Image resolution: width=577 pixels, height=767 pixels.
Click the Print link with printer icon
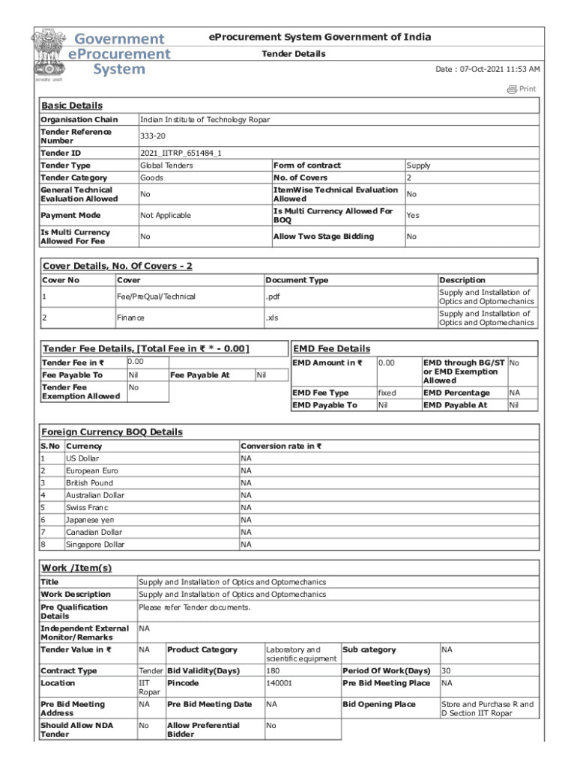pos(522,89)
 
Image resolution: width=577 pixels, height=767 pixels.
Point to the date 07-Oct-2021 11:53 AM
pos(488,69)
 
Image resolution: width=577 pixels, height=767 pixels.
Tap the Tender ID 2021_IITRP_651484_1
pos(181,153)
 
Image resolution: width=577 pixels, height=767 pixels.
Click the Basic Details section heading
pos(72,106)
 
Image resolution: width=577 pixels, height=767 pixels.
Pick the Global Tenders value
pos(166,166)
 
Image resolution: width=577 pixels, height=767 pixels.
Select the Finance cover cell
pos(130,318)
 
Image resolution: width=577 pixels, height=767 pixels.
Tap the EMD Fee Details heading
pos(331,349)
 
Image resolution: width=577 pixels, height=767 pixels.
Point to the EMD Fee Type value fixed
pos(387,392)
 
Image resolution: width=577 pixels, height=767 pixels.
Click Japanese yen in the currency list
pos(90,520)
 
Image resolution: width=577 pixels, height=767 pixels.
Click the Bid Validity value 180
pos(273,671)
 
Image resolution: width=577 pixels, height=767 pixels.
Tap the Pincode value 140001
pos(279,683)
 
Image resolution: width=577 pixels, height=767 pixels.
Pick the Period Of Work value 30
pos(447,671)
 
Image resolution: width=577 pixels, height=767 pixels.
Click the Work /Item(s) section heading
pos(76,569)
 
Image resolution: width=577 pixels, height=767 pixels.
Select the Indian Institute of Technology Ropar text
pos(205,120)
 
